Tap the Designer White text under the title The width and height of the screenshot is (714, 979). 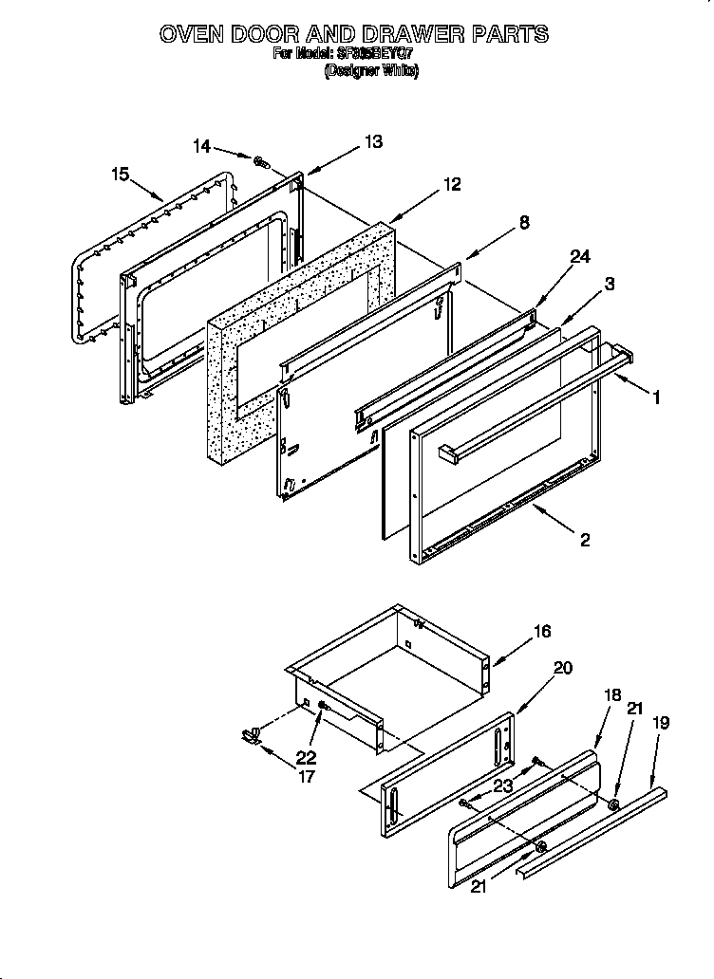371,70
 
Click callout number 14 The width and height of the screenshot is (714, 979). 202,146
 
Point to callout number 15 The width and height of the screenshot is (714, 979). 119,174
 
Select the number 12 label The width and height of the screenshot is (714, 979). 452,185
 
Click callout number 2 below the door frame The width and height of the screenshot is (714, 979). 585,540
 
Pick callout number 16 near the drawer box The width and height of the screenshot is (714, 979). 542,631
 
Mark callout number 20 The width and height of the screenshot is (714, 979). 562,668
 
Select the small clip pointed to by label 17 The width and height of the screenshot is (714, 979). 252,733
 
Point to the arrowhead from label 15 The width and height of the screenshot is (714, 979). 160,199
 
